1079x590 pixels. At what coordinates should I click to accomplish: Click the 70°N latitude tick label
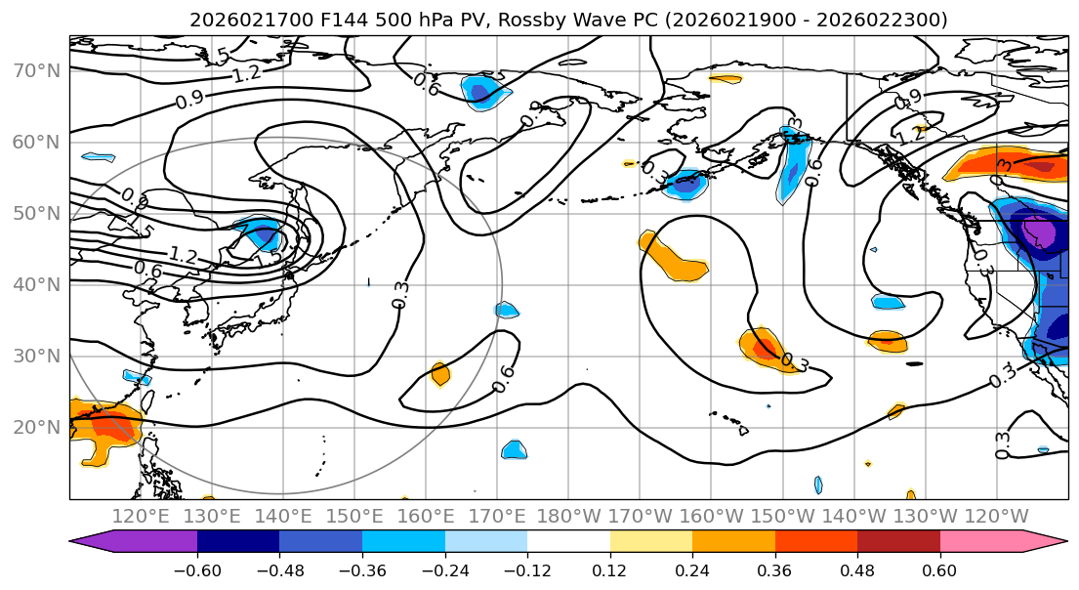[x=35, y=70]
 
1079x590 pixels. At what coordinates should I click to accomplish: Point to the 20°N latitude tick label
[x=35, y=427]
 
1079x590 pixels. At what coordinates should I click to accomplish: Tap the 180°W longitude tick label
[x=568, y=516]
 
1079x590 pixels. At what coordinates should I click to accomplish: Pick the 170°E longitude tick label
[x=497, y=516]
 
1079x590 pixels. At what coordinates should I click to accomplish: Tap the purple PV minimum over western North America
[x=1038, y=234]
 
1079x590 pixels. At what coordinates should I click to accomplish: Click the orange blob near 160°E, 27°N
[x=440, y=373]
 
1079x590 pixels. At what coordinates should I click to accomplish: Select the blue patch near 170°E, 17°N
[x=515, y=449]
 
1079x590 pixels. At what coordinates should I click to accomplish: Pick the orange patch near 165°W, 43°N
[x=674, y=258]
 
